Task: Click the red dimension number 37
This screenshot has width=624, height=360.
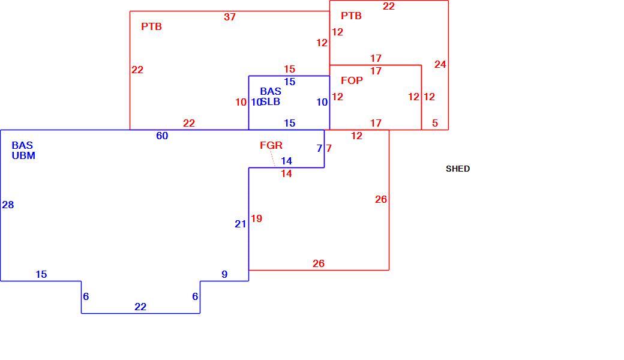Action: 230,17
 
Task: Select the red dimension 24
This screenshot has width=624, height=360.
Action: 440,64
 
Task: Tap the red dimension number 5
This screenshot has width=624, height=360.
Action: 435,124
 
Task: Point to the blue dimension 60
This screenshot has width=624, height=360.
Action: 162,136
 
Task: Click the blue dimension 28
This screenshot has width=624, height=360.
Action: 8,205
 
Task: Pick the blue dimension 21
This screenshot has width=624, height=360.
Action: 241,224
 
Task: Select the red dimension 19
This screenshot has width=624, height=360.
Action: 256,219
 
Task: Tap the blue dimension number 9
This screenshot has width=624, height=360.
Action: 224,274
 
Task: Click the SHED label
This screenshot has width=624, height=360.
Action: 458,169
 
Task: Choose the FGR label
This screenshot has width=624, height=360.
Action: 271,146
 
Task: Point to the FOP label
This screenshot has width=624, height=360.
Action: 352,81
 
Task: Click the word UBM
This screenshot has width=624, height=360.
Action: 23,156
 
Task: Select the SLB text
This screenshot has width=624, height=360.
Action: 271,102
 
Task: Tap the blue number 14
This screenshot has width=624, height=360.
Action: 287,161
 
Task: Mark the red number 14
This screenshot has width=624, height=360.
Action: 286,174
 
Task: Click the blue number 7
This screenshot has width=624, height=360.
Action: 319,148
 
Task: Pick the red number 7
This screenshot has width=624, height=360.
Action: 329,148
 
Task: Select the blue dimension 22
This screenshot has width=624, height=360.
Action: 140,307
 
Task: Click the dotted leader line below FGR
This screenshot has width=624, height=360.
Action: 272,158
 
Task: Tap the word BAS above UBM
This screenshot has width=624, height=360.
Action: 22,146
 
